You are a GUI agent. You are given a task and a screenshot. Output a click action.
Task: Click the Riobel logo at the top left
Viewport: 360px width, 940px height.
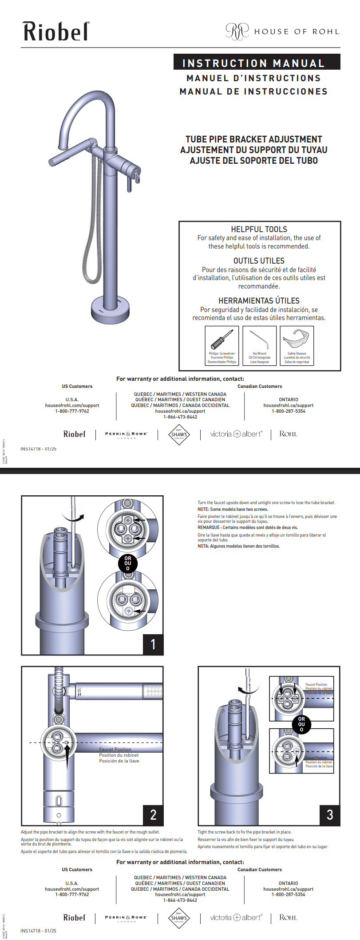pyautogui.click(x=56, y=32)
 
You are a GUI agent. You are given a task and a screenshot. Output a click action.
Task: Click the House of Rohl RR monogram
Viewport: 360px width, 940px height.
pyautogui.click(x=237, y=32)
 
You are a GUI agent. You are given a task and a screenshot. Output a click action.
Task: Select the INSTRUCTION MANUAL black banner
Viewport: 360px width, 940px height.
pyautogui.click(x=257, y=63)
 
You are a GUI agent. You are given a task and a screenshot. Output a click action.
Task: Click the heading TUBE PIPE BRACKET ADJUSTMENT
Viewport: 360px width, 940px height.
pyautogui.click(x=253, y=139)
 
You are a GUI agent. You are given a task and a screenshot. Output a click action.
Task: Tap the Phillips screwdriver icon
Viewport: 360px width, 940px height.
pyautogui.click(x=222, y=340)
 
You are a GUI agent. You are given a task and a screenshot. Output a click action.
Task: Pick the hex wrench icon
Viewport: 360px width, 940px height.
pyautogui.click(x=260, y=340)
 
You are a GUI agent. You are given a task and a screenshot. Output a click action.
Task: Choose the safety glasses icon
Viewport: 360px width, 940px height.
pyautogui.click(x=297, y=339)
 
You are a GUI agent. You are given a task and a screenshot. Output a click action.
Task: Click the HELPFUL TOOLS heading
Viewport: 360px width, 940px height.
pyautogui.click(x=259, y=229)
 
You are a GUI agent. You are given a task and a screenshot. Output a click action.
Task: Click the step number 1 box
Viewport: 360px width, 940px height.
pyautogui.click(x=153, y=644)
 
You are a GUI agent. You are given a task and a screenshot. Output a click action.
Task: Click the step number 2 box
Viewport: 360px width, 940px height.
pyautogui.click(x=153, y=815)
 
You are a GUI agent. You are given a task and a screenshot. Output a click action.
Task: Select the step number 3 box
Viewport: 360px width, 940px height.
pyautogui.click(x=330, y=815)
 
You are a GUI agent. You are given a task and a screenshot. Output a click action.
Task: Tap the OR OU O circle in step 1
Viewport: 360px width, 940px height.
pyautogui.click(x=128, y=563)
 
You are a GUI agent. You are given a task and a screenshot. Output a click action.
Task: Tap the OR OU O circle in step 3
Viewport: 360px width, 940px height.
pyautogui.click(x=301, y=724)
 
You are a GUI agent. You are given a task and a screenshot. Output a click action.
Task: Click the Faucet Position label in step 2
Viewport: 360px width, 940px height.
pyautogui.click(x=115, y=749)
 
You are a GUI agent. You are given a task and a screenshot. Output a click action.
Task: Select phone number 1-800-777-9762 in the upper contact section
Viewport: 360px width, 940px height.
pyautogui.click(x=72, y=411)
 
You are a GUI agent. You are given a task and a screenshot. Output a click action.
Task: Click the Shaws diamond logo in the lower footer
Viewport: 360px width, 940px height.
pyautogui.click(x=179, y=918)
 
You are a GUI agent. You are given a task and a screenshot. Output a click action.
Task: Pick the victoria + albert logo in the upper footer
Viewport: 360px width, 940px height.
pyautogui.click(x=236, y=434)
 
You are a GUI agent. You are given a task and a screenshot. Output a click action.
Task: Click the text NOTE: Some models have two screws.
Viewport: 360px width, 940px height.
pyautogui.click(x=233, y=509)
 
